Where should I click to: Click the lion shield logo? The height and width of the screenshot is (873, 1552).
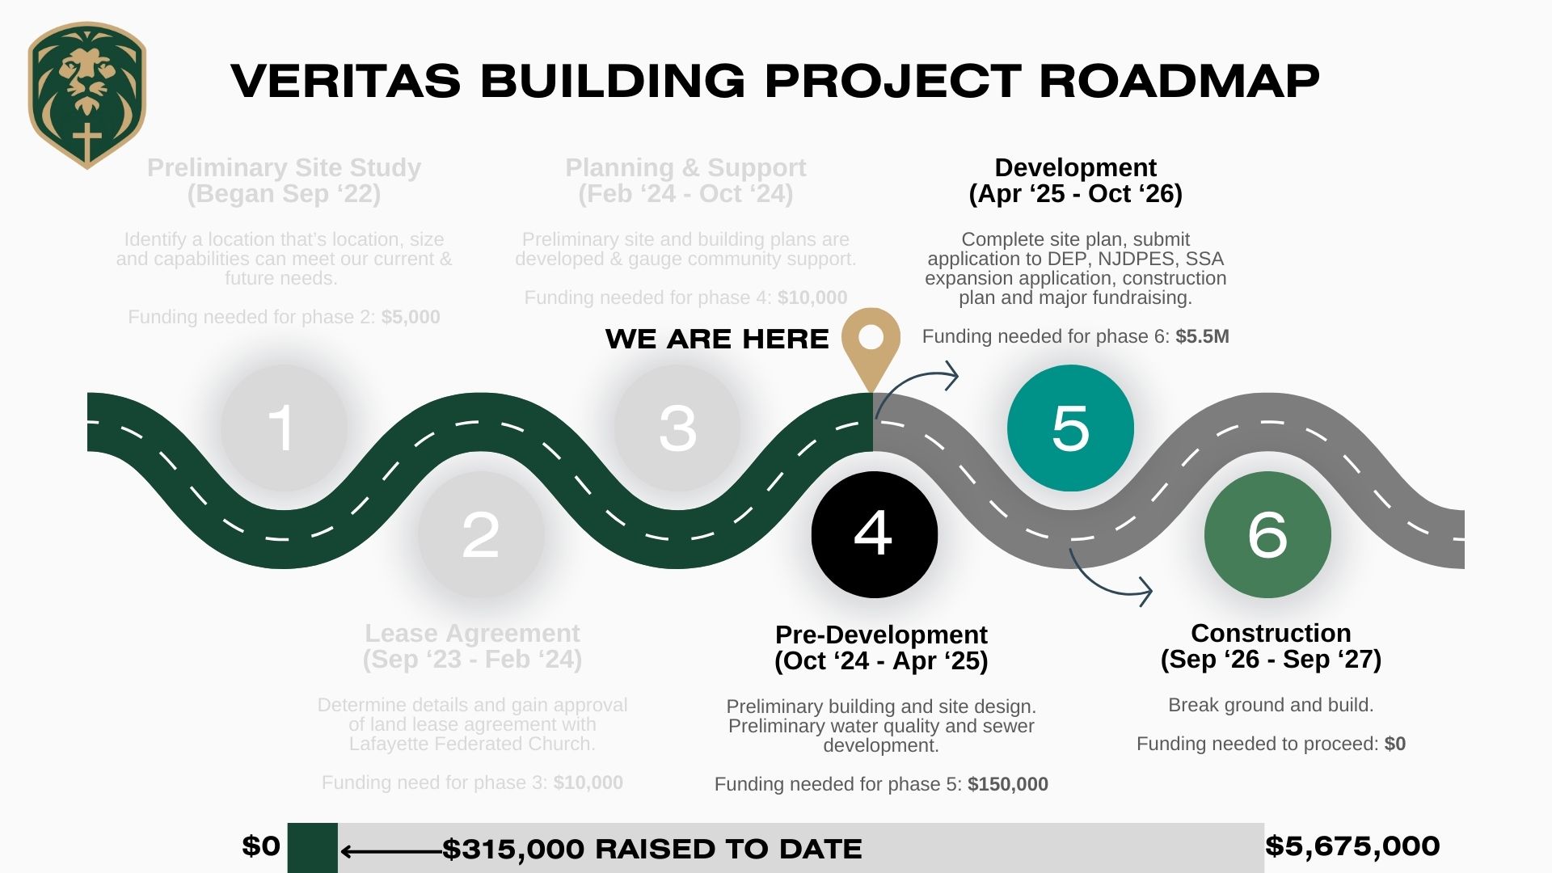[87, 95]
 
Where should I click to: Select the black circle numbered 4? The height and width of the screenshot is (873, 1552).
[875, 534]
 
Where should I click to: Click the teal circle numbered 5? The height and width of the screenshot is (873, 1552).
[1070, 428]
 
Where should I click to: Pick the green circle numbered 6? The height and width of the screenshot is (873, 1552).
[1267, 534]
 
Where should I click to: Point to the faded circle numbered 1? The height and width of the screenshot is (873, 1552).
[284, 428]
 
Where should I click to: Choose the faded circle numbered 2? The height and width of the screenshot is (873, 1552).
[481, 534]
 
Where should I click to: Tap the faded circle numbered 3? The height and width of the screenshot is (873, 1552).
[677, 428]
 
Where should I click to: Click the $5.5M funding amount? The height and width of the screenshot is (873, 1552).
[1202, 336]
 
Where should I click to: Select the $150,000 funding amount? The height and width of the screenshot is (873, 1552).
[1008, 784]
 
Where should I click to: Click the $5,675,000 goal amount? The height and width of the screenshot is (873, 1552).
[1352, 846]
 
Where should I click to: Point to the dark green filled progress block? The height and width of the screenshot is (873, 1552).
[313, 848]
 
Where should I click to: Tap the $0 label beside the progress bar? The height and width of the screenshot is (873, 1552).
[261, 846]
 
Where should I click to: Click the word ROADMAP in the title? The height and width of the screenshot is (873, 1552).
[1179, 81]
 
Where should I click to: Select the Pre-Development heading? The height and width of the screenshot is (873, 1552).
[881, 635]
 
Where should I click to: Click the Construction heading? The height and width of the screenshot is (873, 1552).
[1271, 633]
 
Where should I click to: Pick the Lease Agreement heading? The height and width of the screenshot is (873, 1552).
[472, 633]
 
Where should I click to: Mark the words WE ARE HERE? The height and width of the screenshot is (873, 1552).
[717, 339]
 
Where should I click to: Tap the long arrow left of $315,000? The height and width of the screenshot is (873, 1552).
[391, 851]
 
